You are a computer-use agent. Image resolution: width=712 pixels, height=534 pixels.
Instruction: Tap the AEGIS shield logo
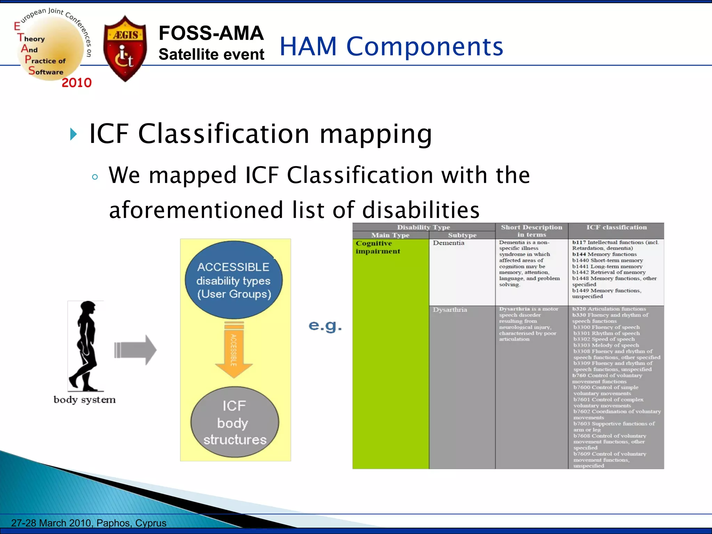[125, 49]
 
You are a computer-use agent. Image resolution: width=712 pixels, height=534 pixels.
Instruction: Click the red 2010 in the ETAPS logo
[76, 83]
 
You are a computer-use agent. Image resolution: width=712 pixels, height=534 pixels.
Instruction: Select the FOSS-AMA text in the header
[211, 33]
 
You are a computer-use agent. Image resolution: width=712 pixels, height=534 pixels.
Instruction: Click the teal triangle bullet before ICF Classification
[73, 134]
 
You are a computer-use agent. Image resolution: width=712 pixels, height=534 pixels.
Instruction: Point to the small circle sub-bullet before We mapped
[95, 177]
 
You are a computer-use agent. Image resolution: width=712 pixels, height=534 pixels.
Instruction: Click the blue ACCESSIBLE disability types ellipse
[234, 280]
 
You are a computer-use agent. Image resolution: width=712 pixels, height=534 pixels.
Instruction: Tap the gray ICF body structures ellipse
[235, 422]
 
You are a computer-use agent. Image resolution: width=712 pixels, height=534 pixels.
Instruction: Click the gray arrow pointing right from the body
[136, 350]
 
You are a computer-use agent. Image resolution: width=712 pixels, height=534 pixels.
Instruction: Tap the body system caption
[84, 400]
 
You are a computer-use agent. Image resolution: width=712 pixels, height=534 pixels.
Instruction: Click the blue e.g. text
[325, 326]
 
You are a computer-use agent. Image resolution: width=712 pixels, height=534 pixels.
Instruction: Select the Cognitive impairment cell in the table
[378, 247]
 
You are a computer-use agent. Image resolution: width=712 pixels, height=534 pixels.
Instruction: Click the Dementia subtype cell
[448, 243]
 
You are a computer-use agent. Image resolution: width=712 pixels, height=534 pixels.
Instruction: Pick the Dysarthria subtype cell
[450, 310]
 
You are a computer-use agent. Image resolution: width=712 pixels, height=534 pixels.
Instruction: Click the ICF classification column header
[616, 227]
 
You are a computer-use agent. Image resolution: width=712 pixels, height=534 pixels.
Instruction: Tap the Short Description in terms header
[532, 231]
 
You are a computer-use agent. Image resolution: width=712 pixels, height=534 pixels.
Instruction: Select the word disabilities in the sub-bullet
[421, 210]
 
